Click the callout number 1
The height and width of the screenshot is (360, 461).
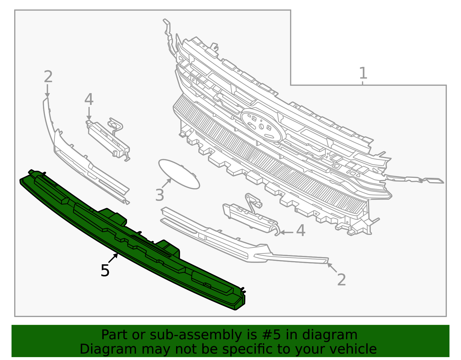pos(363,73)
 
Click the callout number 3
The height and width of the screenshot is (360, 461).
pos(160,195)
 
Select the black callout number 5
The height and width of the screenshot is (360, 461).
pos(105,270)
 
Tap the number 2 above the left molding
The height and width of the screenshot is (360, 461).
pos(48,77)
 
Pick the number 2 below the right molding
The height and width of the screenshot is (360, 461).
pos(341,280)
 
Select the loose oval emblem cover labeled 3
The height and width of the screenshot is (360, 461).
pos(179,174)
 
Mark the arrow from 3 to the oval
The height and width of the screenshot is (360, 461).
pos(166,183)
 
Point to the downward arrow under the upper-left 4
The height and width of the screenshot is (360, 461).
pos(89,114)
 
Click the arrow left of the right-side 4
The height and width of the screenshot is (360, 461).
pos(287,233)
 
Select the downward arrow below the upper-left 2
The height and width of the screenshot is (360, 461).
pos(47,91)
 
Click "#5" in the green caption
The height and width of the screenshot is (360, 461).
pos(271,335)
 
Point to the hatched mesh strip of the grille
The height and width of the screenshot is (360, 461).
pos(269,156)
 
